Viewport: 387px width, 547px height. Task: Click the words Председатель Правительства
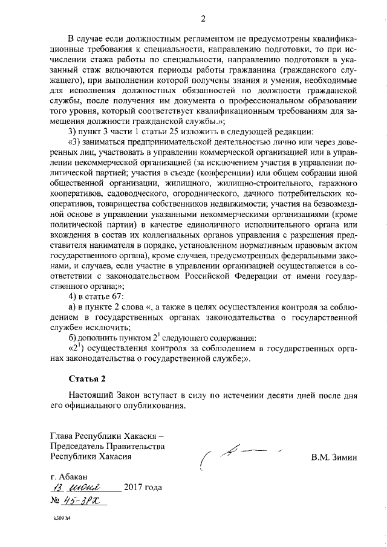point(108,446)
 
